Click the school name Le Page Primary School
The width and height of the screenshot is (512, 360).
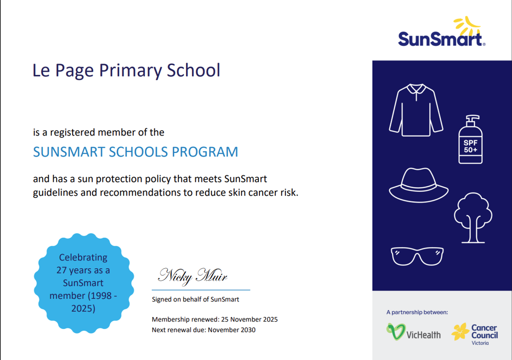tap(126, 70)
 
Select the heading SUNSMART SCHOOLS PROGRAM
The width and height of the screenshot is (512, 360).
tap(135, 152)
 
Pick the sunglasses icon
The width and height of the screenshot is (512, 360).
tap(417, 256)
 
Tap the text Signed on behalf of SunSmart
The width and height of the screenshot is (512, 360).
tap(195, 299)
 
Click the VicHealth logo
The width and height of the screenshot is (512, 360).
tap(413, 333)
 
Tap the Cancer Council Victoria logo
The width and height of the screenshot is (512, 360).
tap(475, 334)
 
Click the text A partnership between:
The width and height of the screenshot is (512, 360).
tap(417, 312)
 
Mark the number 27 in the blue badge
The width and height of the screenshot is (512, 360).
tap(62, 270)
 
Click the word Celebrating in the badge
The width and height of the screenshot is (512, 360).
tap(83, 258)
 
